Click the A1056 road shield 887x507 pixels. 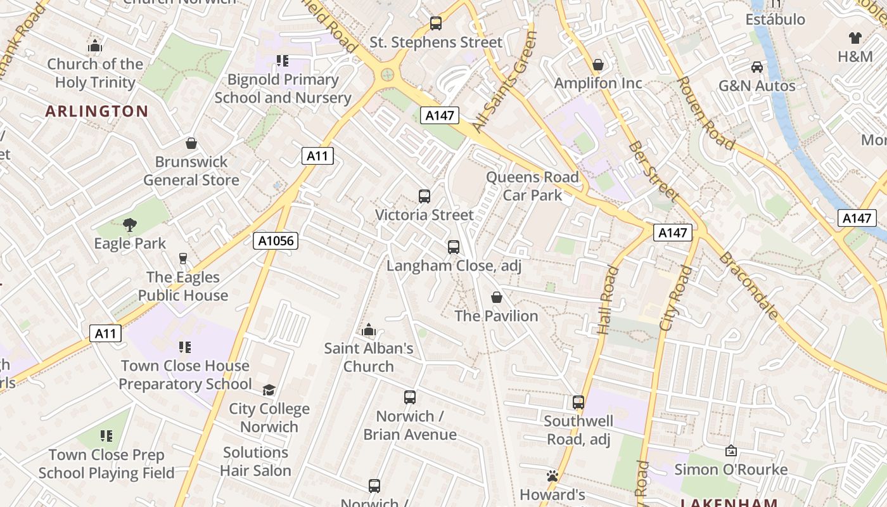point(276,241)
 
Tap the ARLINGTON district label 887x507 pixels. point(97,112)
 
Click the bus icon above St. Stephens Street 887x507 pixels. point(436,23)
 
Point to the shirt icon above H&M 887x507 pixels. point(855,38)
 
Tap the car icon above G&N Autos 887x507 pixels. point(756,67)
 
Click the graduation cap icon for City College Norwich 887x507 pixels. point(269,390)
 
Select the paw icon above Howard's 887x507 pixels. point(552,476)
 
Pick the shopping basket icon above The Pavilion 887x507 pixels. point(497,297)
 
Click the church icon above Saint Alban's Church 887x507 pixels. point(368,330)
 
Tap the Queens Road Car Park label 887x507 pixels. point(532,186)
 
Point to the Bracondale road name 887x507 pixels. point(748,285)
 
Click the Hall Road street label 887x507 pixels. point(608,300)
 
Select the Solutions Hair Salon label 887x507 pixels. point(255,461)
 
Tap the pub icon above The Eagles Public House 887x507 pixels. point(183,258)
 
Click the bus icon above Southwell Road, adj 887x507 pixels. point(578,402)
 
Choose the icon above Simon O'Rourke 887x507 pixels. point(731,451)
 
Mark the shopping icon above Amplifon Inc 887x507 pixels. point(597,65)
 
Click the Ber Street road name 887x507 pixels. point(653,170)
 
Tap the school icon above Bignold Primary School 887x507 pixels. point(282,61)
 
